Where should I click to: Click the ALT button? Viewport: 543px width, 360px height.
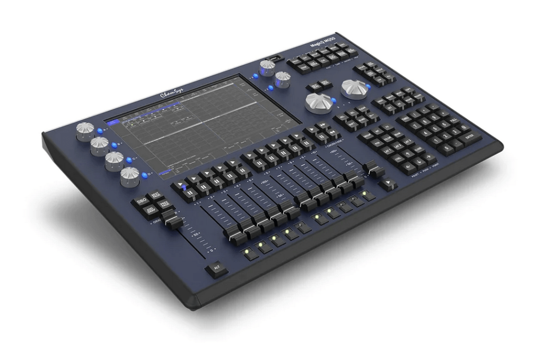coord(216,268)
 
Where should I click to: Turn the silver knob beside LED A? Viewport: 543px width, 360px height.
coord(85,130)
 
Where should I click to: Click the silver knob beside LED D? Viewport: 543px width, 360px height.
coord(130,176)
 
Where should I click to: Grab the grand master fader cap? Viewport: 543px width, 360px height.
coord(173,222)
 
